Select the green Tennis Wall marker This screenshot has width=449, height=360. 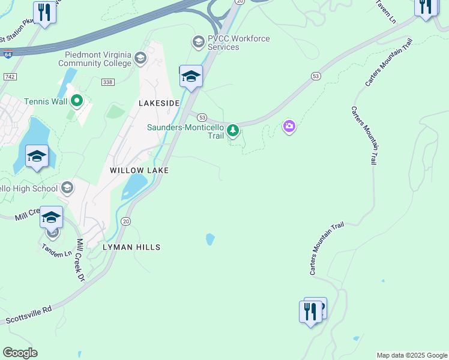point(76,101)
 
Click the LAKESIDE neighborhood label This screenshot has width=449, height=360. point(159,103)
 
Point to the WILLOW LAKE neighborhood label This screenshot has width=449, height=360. point(139,170)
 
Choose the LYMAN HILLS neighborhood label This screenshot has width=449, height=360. point(131,247)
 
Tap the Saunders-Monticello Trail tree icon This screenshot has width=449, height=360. point(233,130)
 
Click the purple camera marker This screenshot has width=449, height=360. point(289,126)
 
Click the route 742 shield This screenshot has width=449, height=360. point(9,77)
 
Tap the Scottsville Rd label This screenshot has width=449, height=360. point(29,315)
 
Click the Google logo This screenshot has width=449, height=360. point(20,353)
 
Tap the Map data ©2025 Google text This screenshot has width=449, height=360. point(412,355)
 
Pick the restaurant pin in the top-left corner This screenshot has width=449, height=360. point(44,13)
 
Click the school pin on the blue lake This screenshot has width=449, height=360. point(37,158)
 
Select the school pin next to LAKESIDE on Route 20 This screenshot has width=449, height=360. point(191,77)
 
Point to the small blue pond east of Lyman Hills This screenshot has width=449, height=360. point(210,239)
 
